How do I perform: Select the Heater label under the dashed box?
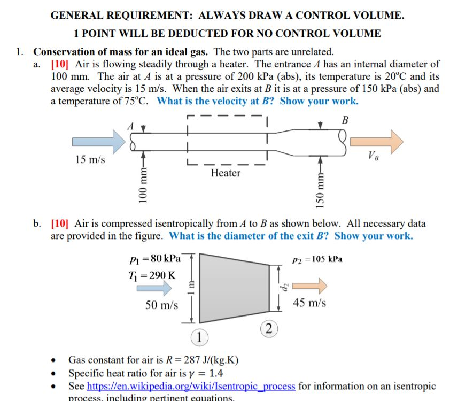pos(226,173)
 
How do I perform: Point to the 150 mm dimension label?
pos(320,191)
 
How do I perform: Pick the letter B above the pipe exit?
pos(345,120)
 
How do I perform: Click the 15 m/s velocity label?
pos(90,160)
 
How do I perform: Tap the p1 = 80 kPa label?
pos(156,259)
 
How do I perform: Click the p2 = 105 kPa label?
pos(318,259)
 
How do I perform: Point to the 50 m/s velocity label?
pos(162,305)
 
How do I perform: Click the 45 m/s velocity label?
pos(309,303)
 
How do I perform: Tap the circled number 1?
pos(199,337)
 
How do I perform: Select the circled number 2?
pos(268,328)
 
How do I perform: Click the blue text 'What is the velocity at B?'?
pos(216,101)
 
